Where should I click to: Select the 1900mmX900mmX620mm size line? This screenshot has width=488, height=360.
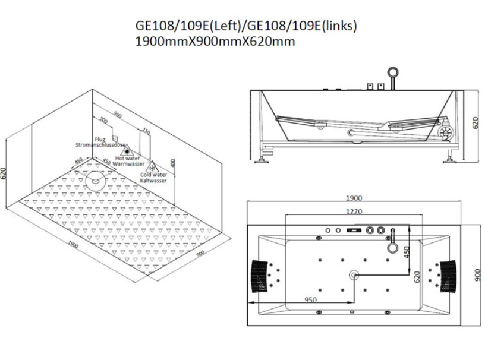pos(216,42)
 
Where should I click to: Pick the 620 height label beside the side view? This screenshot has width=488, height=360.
pos(475,123)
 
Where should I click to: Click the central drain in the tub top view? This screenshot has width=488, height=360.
pos(355,275)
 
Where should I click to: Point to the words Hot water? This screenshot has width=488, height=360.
pos(128,159)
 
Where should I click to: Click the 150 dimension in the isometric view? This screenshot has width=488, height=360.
pos(146,130)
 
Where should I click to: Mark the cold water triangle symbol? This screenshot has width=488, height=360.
pos(152,167)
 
